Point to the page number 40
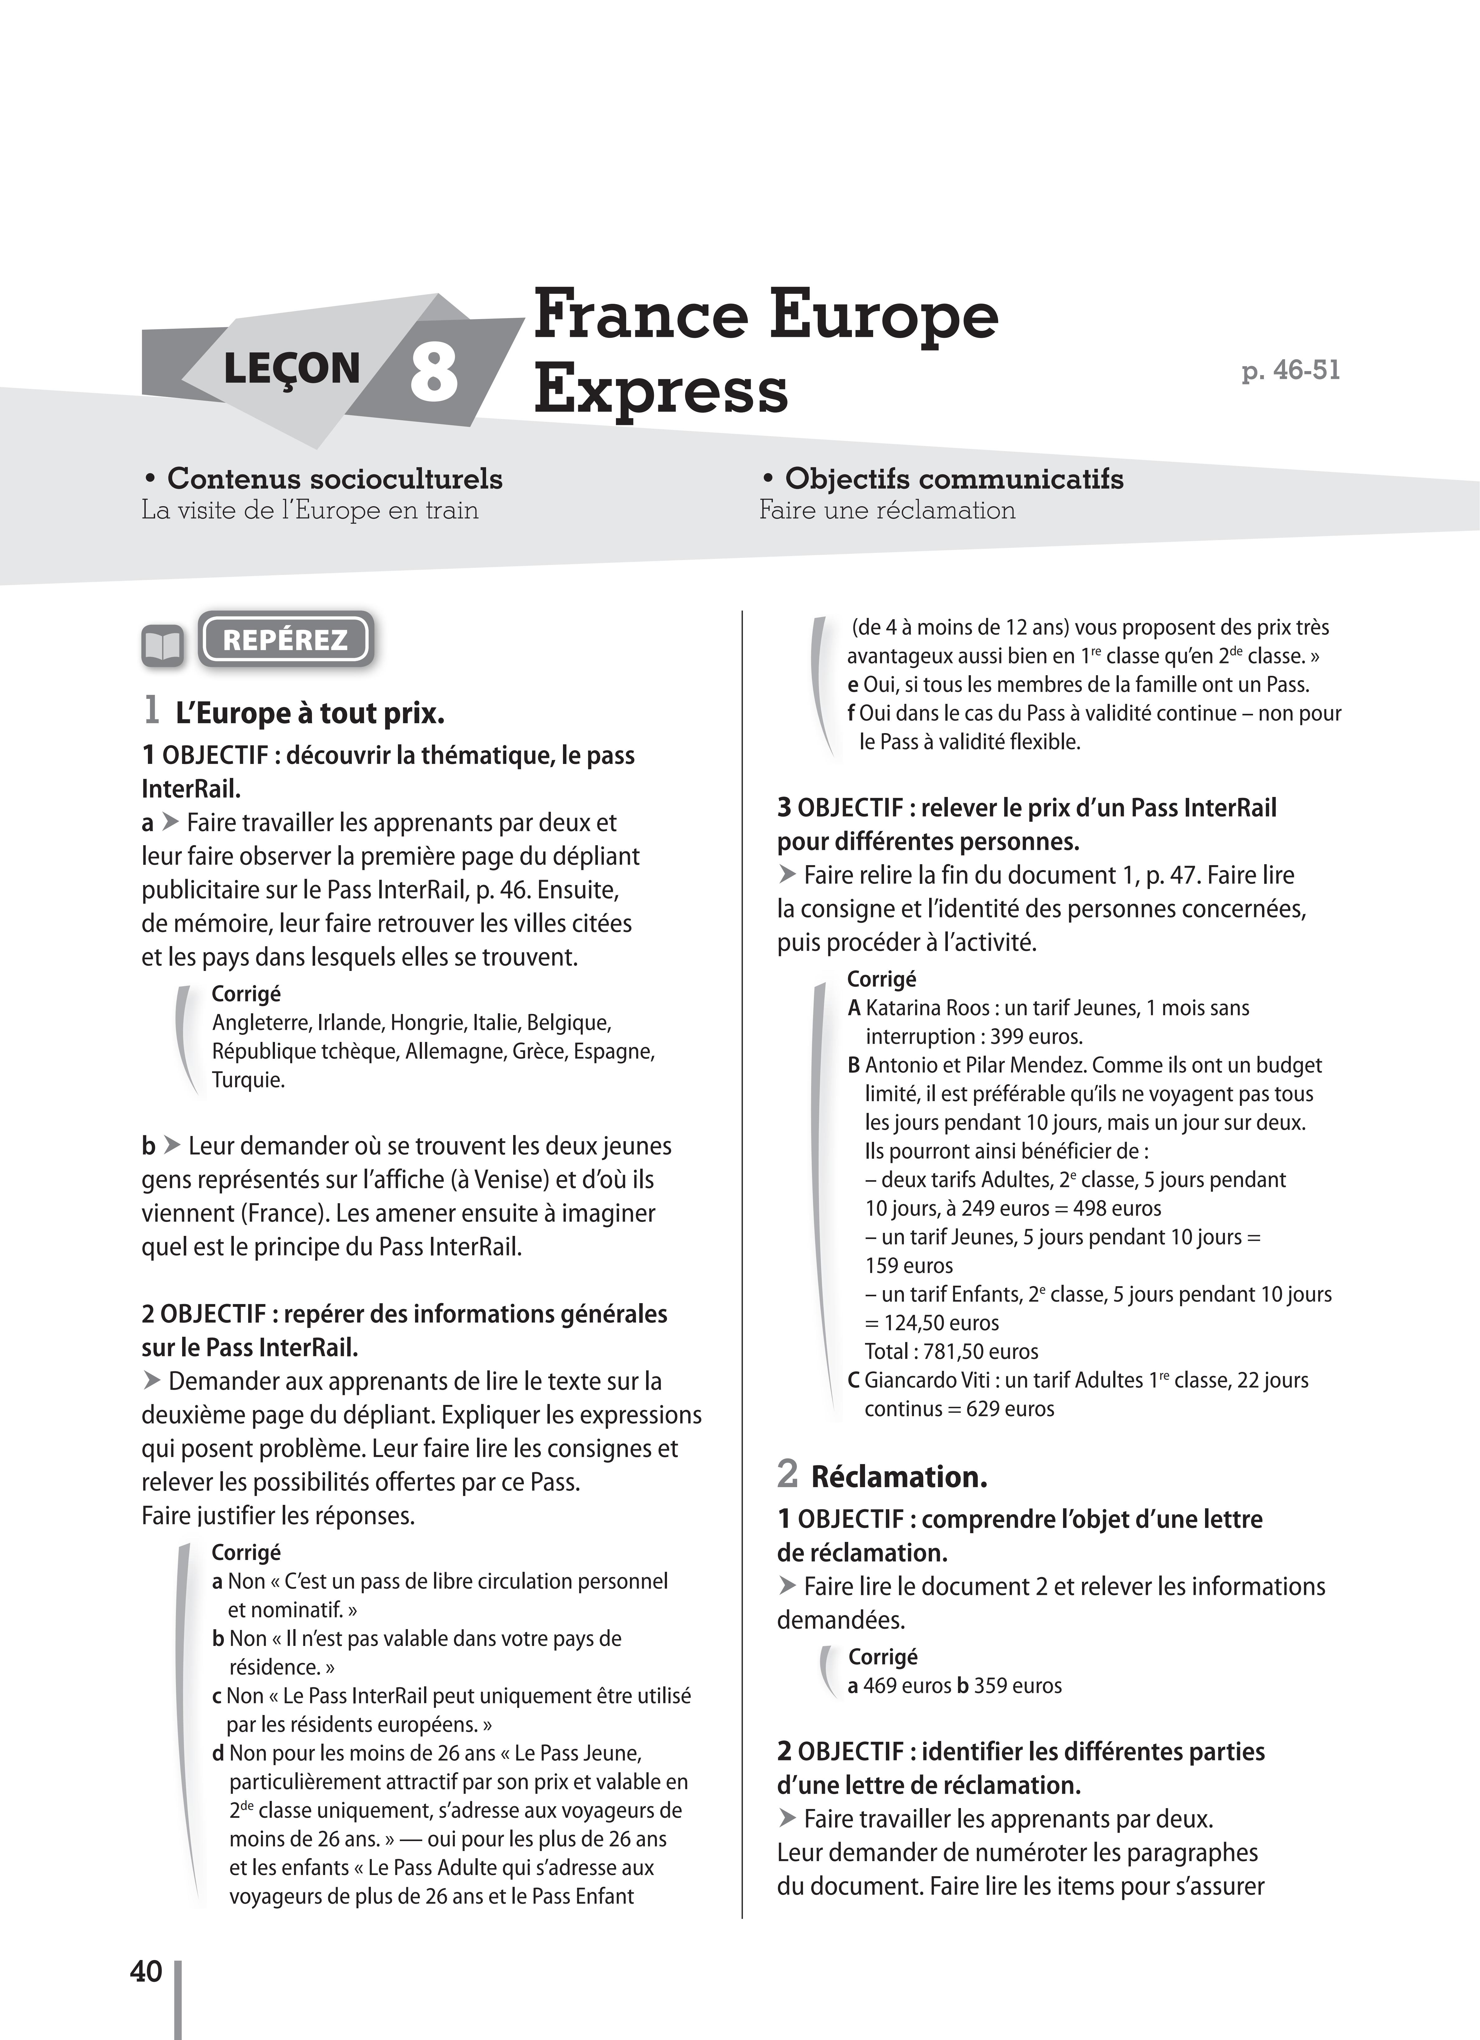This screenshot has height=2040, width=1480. coord(146,1972)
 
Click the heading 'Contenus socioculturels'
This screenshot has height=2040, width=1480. coord(335,478)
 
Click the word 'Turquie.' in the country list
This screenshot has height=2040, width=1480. coord(248,1079)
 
